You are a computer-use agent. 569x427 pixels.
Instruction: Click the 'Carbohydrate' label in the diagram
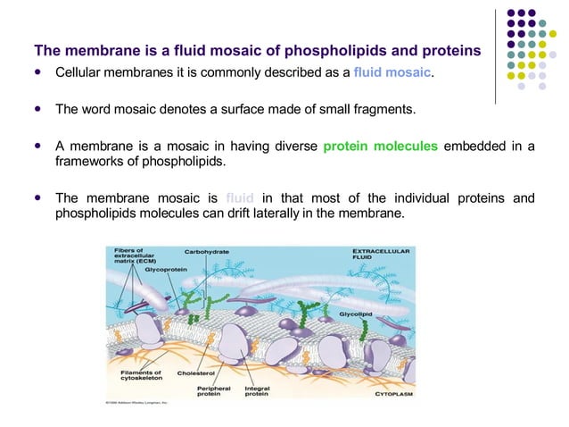[206, 251]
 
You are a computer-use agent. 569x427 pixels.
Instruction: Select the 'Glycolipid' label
[357, 315]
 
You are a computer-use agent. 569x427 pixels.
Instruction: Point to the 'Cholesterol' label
[195, 373]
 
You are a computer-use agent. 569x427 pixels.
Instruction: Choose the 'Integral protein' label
[258, 391]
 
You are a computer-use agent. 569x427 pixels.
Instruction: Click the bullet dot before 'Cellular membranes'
[37, 71]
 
